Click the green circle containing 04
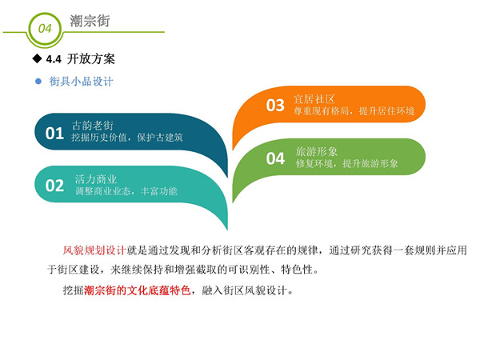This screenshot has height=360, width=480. click(x=45, y=16)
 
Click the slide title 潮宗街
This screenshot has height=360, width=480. click(x=90, y=21)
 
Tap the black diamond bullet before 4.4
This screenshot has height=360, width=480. click(x=37, y=58)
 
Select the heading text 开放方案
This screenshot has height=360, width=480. click(x=91, y=58)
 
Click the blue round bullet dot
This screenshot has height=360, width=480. click(x=38, y=81)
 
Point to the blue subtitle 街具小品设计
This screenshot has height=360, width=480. click(x=81, y=82)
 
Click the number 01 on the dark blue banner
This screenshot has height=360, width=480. click(x=54, y=133)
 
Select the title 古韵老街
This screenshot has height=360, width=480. click(x=93, y=126)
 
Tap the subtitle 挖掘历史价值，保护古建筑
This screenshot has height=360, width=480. click(x=127, y=138)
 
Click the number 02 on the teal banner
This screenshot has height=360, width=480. click(x=54, y=186)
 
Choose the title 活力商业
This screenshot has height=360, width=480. click(x=96, y=179)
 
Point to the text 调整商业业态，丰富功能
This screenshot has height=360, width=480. click(x=126, y=191)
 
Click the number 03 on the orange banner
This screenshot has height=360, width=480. click(x=275, y=106)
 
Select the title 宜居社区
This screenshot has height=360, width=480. click(x=314, y=99)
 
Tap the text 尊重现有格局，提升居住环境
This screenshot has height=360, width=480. click(x=354, y=111)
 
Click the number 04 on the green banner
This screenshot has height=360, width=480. click(x=275, y=158)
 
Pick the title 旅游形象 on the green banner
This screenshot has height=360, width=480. click(x=317, y=151)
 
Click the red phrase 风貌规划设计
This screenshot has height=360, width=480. click(x=94, y=250)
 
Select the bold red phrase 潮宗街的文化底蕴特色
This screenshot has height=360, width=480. click(x=137, y=290)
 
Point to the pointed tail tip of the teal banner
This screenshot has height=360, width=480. click(x=227, y=230)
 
